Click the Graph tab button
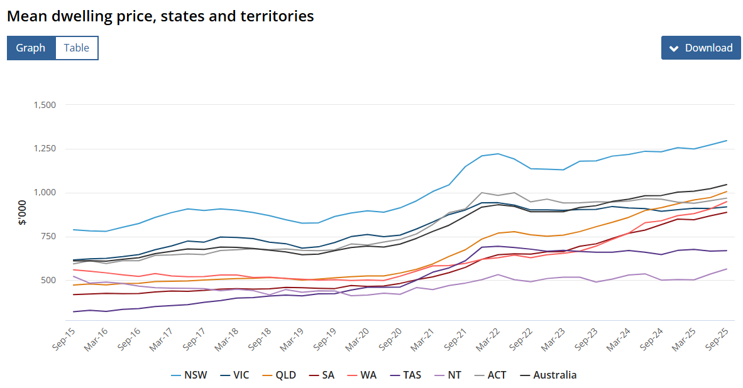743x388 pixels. [31, 48]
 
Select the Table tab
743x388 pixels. [77, 48]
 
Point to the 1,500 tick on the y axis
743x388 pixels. [45, 105]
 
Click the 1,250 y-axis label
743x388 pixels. [45, 149]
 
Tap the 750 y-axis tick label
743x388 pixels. [48, 236]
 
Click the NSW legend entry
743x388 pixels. [189, 375]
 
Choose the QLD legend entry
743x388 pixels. [280, 375]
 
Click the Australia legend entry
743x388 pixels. [548, 375]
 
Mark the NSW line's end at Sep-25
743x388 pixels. [727, 141]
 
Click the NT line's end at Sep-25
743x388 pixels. [727, 269]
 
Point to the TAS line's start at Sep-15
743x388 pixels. [74, 312]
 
